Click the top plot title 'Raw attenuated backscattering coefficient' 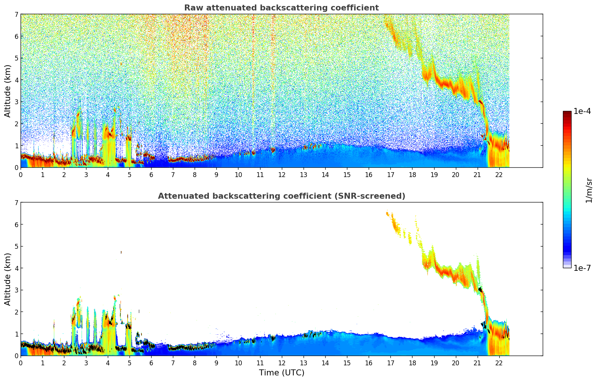pyautogui.click(x=281, y=8)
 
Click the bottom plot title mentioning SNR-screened pyautogui.click(x=281, y=196)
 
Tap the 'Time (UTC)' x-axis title pyautogui.click(x=281, y=373)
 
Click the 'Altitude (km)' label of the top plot pyautogui.click(x=8, y=91)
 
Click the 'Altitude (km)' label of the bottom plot pyautogui.click(x=8, y=279)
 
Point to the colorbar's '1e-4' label pyautogui.click(x=582, y=111)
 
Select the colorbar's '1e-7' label pyautogui.click(x=582, y=268)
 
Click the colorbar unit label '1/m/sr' pyautogui.click(x=589, y=190)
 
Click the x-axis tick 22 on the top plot pyautogui.click(x=499, y=174)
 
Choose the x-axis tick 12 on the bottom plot pyautogui.click(x=281, y=363)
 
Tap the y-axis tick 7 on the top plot pyautogui.click(x=16, y=15)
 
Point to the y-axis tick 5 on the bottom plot pyautogui.click(x=16, y=247)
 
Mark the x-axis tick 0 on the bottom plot pyautogui.click(x=21, y=363)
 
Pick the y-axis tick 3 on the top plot pyautogui.click(x=16, y=102)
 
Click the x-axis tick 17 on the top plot pyautogui.click(x=390, y=174)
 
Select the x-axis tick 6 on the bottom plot pyautogui.click(x=151, y=363)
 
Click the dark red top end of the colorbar pyautogui.click(x=567, y=113)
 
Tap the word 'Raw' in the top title pyautogui.click(x=192, y=8)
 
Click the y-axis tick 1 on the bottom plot pyautogui.click(x=16, y=334)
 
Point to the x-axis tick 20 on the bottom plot pyautogui.click(x=456, y=363)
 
